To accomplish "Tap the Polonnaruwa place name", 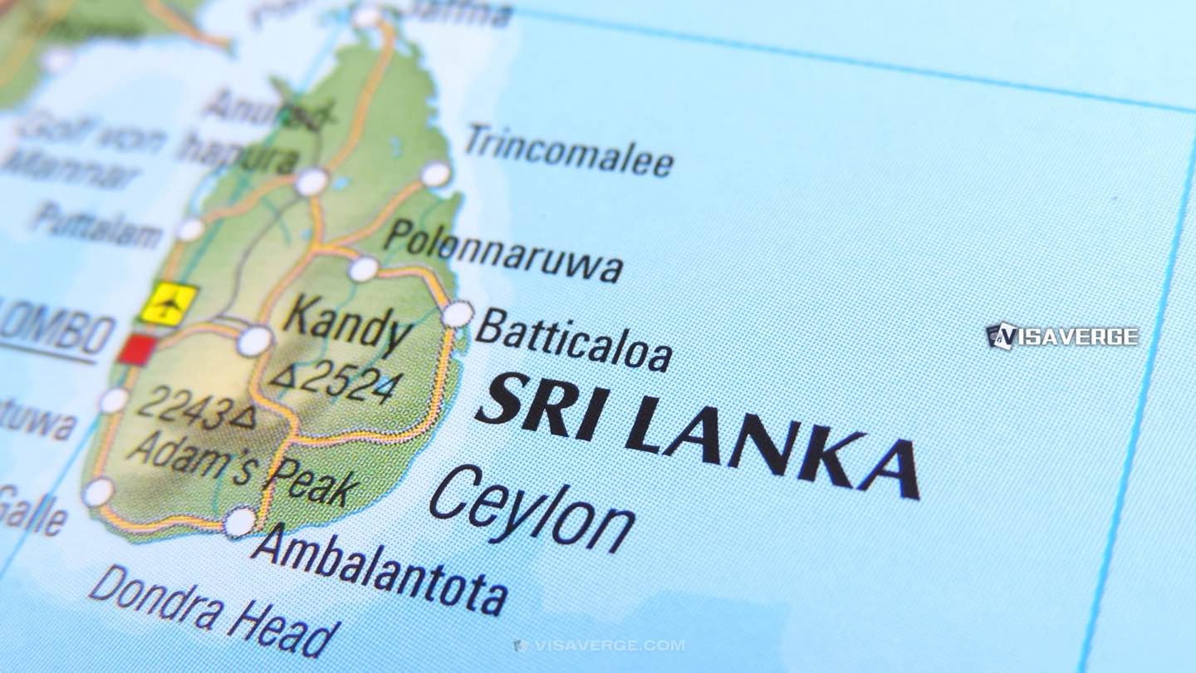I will coord(503,251).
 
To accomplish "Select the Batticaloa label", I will coord(574,340).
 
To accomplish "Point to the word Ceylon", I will coord(532,508).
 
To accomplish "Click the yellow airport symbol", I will coord(169,304).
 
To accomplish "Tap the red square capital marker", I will coord(135,349).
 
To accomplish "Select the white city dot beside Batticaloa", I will coord(457,314).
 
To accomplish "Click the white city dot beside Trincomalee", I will coord(435,174).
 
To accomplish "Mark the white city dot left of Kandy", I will coord(254,341).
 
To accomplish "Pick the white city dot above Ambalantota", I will coord(239,522).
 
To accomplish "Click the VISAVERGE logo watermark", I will coord(1062,336).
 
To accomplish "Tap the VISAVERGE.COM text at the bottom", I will coord(599,646).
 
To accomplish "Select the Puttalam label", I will coord(96,224).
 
